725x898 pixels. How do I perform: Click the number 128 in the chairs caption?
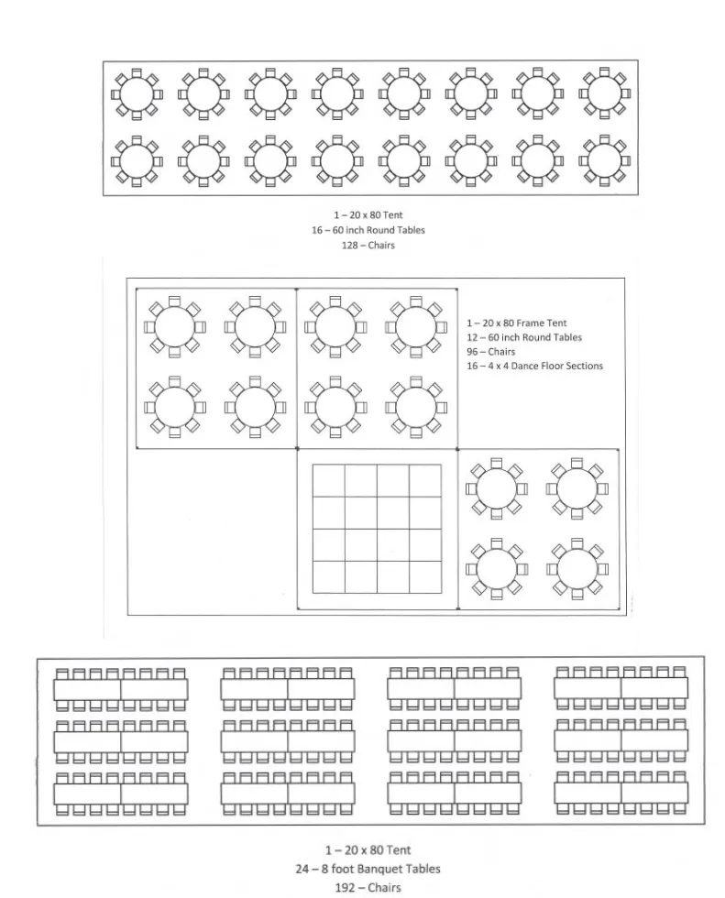click(x=350, y=246)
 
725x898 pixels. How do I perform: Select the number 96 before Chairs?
click(x=472, y=352)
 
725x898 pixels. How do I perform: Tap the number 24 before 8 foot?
click(x=302, y=869)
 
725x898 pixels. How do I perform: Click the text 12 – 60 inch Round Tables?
click(x=523, y=337)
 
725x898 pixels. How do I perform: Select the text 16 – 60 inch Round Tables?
click(x=368, y=230)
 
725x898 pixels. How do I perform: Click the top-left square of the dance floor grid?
click(x=329, y=481)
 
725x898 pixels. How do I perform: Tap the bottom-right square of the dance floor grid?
click(x=424, y=577)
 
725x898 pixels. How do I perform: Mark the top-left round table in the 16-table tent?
click(x=137, y=93)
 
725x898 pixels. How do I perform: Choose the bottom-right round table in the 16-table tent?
click(x=604, y=161)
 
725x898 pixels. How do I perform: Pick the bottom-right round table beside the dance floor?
click(x=576, y=567)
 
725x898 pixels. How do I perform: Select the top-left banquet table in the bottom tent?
click(x=88, y=689)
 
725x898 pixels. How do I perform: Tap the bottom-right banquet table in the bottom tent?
click(x=654, y=794)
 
